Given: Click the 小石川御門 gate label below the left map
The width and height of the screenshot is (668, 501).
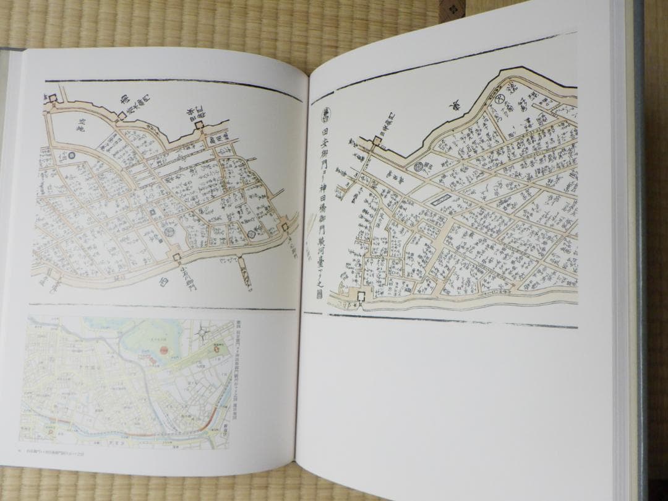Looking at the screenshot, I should point(183,269).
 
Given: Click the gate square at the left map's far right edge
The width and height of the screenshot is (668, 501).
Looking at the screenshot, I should point(286,227).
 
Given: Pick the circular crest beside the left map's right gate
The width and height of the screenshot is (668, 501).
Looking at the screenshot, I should point(252,232).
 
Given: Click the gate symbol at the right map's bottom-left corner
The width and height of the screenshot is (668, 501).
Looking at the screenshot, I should point(359,296).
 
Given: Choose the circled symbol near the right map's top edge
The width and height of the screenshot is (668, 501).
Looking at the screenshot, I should point(499,97).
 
